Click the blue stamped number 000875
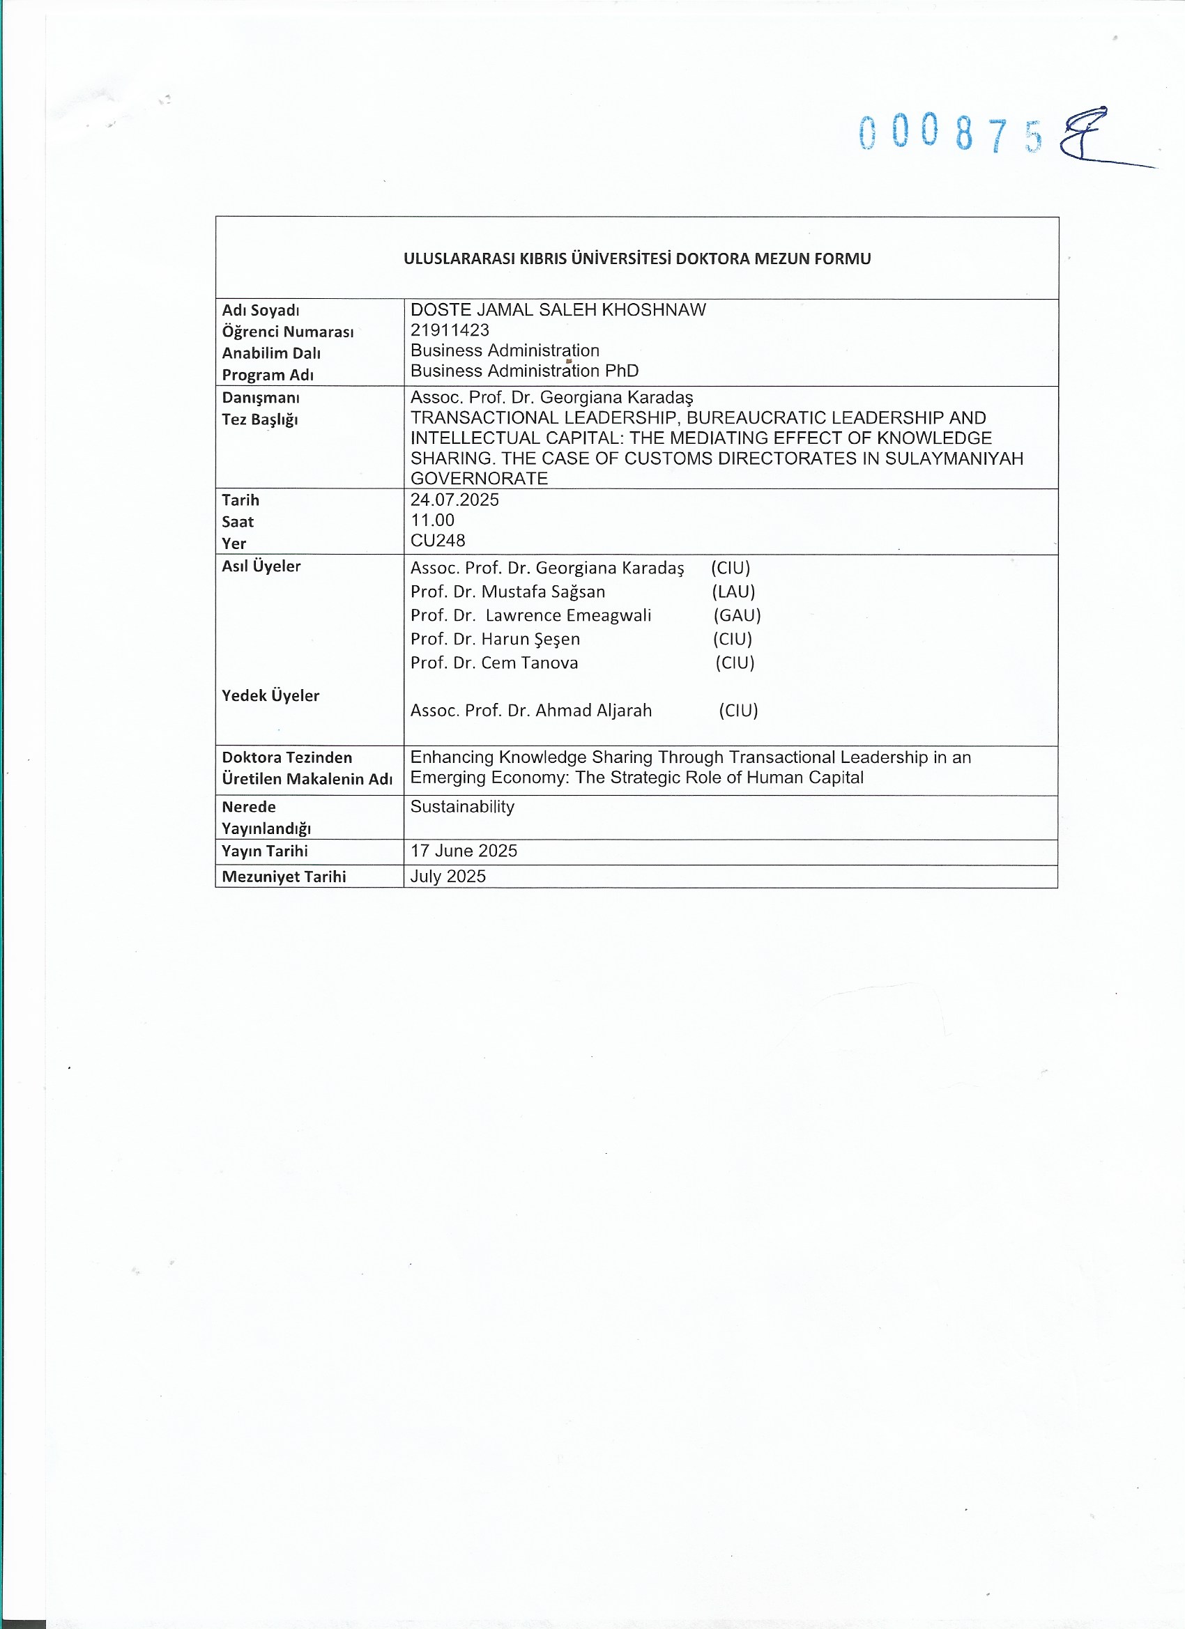point(950,134)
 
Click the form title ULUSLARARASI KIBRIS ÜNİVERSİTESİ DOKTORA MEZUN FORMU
point(636,258)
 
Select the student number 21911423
point(450,330)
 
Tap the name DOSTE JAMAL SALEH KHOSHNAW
point(558,309)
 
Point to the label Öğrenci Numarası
point(287,332)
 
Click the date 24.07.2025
point(454,500)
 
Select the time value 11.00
point(432,520)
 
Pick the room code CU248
point(438,540)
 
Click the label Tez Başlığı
point(259,419)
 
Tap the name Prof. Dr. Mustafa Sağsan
point(507,592)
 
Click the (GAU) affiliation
point(737,615)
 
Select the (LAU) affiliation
point(733,592)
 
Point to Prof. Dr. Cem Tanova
point(494,663)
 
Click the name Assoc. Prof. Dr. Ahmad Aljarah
point(531,711)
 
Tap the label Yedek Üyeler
point(270,695)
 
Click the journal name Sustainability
point(462,807)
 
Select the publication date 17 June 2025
point(464,851)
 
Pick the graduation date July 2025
point(448,877)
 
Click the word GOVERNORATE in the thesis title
point(479,479)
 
